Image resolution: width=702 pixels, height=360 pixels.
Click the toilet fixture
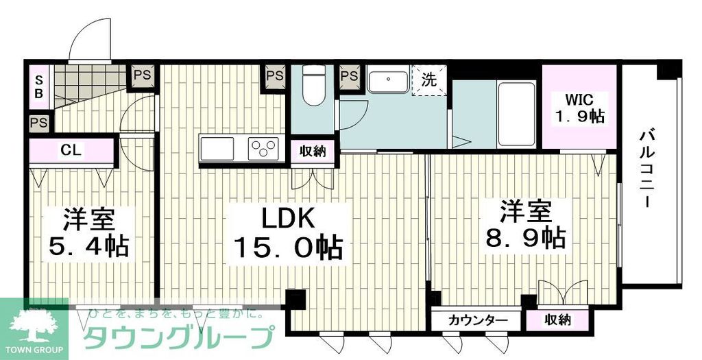pos(313,86)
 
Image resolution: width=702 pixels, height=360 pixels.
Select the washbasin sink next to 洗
pos(388,81)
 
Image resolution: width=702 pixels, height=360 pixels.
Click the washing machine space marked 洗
pos(429,80)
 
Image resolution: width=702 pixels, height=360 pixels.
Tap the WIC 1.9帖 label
pos(579,107)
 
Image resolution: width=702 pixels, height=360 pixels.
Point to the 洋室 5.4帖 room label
pos(88,233)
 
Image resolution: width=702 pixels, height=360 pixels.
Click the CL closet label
pos(71,149)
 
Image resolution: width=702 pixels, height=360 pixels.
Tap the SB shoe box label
pos(40,85)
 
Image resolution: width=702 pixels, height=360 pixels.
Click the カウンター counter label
pos(479,320)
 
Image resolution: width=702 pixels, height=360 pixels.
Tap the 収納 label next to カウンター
pos(558,320)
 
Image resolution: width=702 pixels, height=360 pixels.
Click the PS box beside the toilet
pos(276,75)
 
